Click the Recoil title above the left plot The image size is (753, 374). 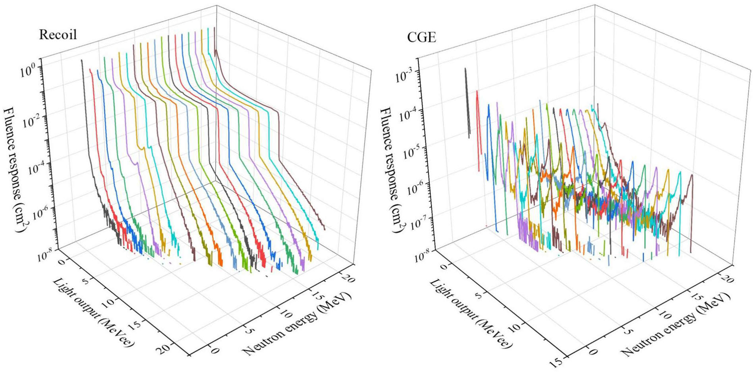pyautogui.click(x=58, y=35)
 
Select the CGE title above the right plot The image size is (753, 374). pyautogui.click(x=421, y=37)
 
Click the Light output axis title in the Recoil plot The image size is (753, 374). pyautogui.click(x=93, y=312)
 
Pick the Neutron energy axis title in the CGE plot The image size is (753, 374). pyautogui.click(x=675, y=324)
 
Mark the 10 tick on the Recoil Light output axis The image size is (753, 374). pyautogui.click(x=108, y=302)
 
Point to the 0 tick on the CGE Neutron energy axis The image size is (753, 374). pyautogui.click(x=593, y=351)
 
